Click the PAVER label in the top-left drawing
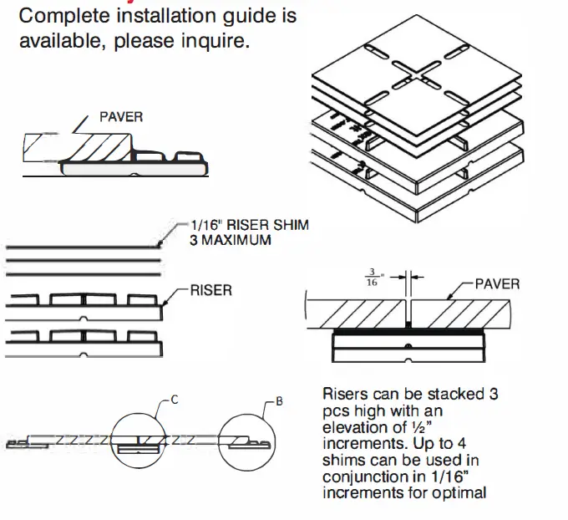(121, 117)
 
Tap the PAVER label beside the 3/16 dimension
(497, 283)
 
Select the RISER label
(212, 291)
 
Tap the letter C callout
(175, 400)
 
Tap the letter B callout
(279, 402)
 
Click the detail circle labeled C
(141, 439)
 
